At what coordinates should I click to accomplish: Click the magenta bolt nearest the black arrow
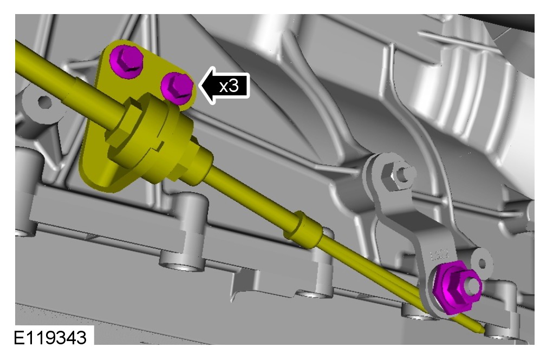[x=177, y=88]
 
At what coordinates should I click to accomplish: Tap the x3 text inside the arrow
[x=229, y=86]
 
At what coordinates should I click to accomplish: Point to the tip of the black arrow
[x=200, y=86]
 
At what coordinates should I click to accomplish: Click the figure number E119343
[x=50, y=337]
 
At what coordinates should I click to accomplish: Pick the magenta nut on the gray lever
[x=457, y=287]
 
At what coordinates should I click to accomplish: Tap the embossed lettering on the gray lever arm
[x=439, y=254]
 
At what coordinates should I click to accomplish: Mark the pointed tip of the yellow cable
[x=483, y=331]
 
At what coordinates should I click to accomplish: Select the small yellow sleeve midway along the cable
[x=303, y=230]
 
